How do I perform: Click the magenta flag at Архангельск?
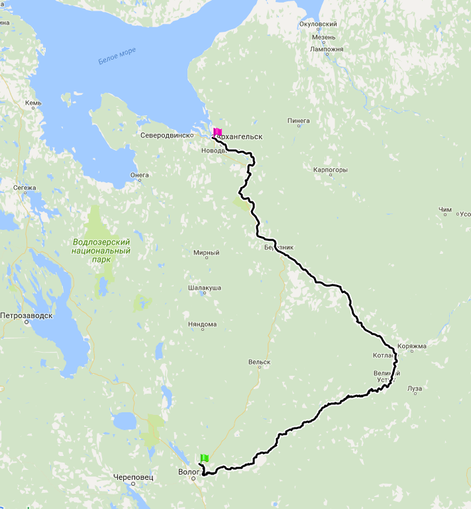(217, 131)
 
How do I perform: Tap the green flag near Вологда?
(205, 458)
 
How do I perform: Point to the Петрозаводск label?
(26, 315)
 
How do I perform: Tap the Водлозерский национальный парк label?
(101, 251)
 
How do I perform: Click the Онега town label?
(140, 175)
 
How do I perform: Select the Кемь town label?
(33, 103)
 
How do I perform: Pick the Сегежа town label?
(25, 188)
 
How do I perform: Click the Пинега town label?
(299, 121)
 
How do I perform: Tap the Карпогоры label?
(331, 170)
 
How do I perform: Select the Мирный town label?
(206, 253)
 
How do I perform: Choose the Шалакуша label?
(205, 288)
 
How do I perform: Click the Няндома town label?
(203, 324)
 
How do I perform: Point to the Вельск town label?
(259, 362)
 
